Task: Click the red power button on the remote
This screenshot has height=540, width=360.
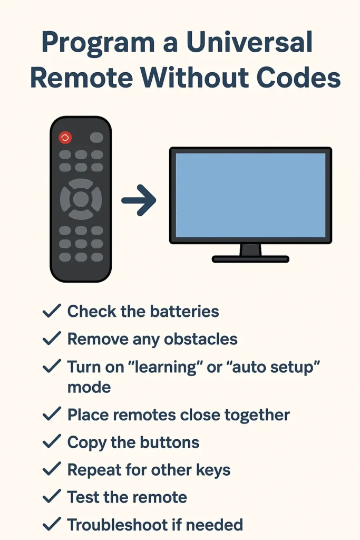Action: click(x=65, y=138)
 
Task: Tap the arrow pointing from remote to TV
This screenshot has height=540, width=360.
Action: click(x=139, y=200)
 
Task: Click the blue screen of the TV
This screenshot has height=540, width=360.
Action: click(x=250, y=195)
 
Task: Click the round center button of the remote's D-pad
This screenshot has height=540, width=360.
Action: click(x=81, y=199)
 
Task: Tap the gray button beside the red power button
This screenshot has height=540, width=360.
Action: click(x=96, y=138)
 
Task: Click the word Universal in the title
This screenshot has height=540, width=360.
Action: click(x=249, y=42)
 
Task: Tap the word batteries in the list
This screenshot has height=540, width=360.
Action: click(x=184, y=311)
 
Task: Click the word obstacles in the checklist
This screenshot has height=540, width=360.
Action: click(x=201, y=339)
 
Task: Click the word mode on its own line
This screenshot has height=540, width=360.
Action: click(x=89, y=388)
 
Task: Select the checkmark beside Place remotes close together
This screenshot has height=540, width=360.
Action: click(x=52, y=414)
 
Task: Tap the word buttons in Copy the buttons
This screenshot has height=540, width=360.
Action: click(x=170, y=442)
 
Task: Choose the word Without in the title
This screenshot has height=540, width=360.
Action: click(x=195, y=77)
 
